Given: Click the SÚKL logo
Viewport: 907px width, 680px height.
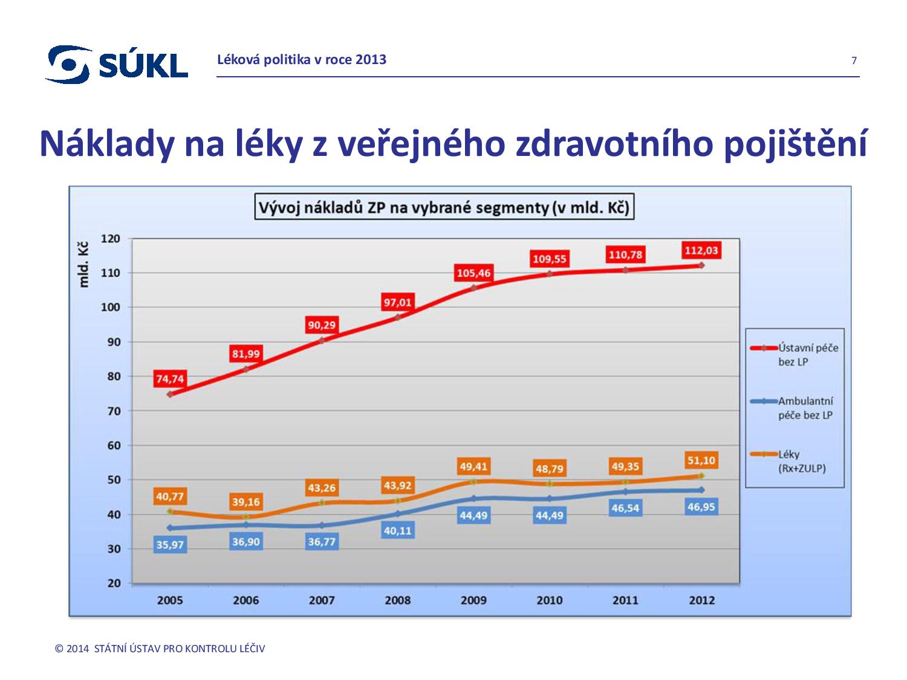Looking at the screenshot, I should [x=117, y=64].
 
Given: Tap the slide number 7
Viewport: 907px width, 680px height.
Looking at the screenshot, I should [x=854, y=60].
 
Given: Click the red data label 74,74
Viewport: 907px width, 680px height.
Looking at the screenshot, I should [x=170, y=379].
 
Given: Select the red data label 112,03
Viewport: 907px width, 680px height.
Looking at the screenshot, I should [x=701, y=250].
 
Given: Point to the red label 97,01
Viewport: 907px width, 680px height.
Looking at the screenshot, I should [x=397, y=302].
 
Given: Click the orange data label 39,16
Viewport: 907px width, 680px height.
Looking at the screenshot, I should [x=245, y=502].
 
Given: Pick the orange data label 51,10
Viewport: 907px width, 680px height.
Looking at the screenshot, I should [x=701, y=461].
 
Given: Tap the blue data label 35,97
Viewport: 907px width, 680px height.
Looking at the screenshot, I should [x=170, y=545].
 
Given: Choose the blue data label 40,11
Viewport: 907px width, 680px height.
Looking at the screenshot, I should [x=397, y=531].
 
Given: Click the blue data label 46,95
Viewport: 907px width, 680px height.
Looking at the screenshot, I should [x=701, y=507].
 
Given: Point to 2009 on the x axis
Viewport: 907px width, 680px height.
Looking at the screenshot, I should [x=473, y=600].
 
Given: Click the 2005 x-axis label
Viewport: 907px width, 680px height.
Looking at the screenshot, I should [x=170, y=600].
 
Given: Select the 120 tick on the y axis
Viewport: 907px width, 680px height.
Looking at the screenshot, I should [x=111, y=239].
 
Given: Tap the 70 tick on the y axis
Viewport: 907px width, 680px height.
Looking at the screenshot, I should [x=114, y=411].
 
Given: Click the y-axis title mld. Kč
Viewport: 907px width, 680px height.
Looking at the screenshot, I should [x=84, y=264].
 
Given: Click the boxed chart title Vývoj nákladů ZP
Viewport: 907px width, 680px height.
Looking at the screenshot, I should [x=444, y=208].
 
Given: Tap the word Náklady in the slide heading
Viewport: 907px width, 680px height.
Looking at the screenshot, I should [x=106, y=144].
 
